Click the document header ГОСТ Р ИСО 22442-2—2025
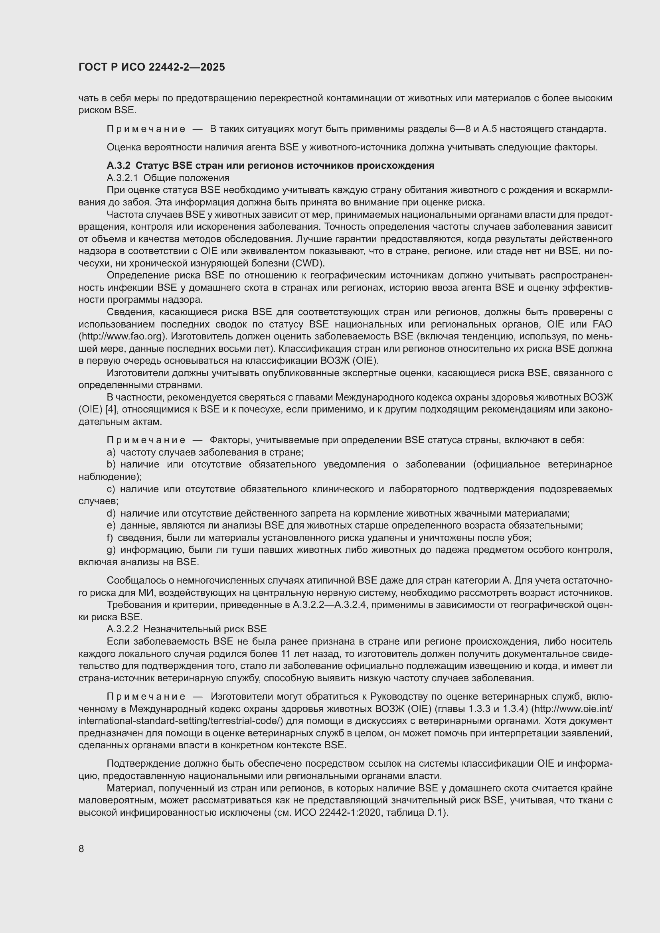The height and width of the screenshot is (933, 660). coord(152,67)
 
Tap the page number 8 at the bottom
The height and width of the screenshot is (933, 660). coord(81,849)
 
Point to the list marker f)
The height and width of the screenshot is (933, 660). coord(110,538)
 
